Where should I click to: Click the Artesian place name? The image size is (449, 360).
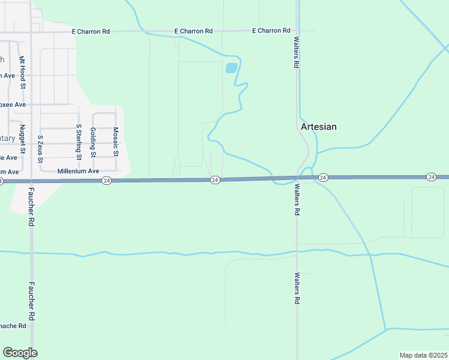(318, 127)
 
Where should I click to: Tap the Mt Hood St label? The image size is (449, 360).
(23, 73)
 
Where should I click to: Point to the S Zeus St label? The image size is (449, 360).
(40, 148)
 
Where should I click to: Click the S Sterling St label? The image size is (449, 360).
(79, 142)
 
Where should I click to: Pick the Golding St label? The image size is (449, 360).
(92, 142)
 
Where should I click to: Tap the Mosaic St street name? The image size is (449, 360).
(116, 142)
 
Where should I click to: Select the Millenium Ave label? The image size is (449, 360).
(78, 171)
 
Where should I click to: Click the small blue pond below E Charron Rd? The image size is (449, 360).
(231, 68)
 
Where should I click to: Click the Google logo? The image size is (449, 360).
(20, 353)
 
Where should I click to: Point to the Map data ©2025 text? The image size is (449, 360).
(424, 355)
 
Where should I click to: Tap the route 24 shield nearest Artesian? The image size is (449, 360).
(323, 177)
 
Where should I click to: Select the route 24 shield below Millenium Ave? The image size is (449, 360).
(106, 180)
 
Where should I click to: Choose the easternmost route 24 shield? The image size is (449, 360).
(431, 176)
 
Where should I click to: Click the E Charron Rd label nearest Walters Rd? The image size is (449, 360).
(271, 31)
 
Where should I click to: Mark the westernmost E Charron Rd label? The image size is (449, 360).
(91, 31)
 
